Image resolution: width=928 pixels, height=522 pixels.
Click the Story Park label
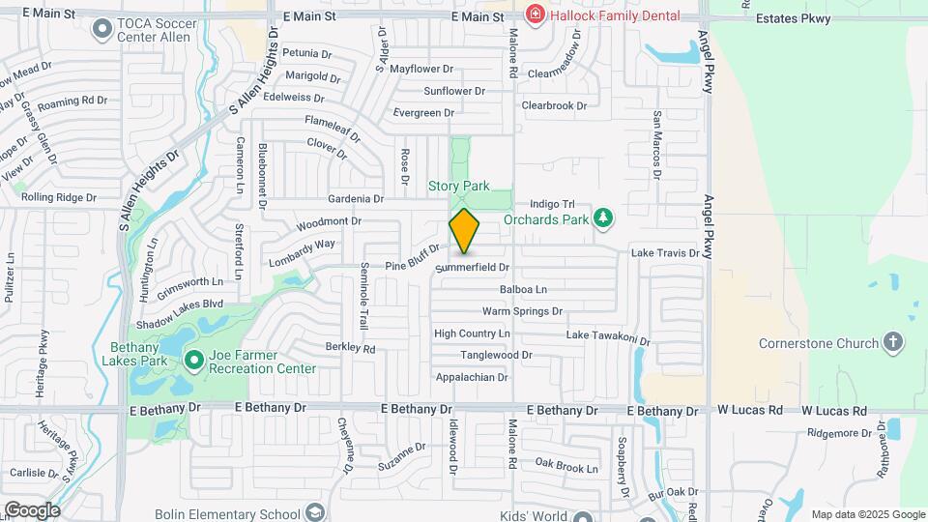[459, 186]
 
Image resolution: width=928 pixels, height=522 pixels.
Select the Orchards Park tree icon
[604, 217]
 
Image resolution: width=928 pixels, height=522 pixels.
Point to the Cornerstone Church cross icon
[893, 343]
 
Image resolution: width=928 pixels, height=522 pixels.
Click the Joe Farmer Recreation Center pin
[193, 361]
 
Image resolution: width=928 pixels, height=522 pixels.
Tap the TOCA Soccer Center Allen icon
[101, 29]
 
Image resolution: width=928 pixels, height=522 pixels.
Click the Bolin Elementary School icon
[314, 511]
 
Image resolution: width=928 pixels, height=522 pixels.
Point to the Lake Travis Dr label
[664, 252]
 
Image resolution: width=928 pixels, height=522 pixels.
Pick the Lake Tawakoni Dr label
[608, 335]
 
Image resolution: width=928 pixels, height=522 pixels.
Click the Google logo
[32, 510]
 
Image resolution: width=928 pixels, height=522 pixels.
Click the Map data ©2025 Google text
[867, 514]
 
